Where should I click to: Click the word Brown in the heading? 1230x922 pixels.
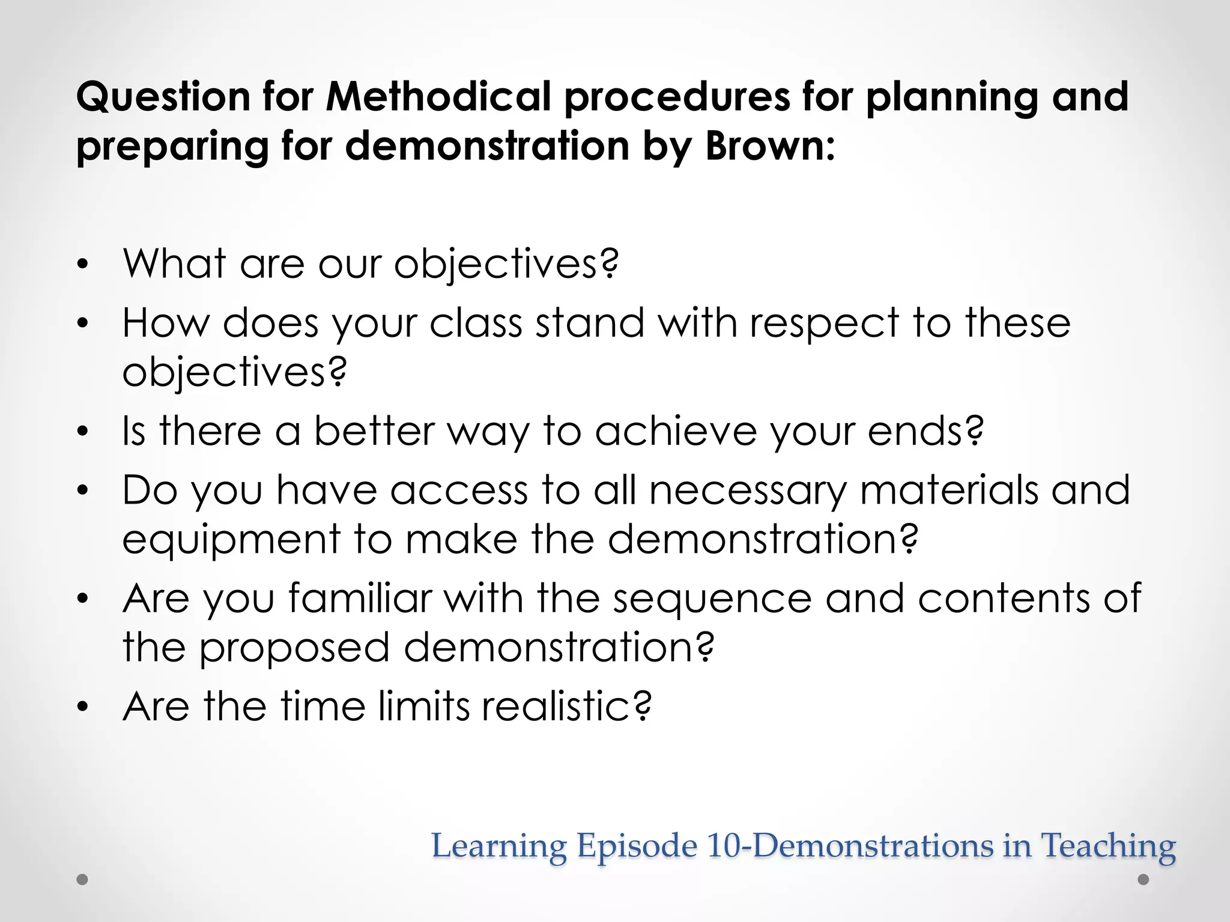tap(763, 146)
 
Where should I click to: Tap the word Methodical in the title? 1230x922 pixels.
tap(438, 97)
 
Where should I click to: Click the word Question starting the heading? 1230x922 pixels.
tap(163, 98)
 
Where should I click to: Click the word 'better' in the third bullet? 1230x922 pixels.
tap(374, 431)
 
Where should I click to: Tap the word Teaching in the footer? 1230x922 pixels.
tap(1107, 847)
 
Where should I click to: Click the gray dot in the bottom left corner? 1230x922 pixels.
tap(83, 880)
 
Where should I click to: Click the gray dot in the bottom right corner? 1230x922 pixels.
tap(1144, 880)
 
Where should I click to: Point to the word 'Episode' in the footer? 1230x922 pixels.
tap(637, 847)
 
